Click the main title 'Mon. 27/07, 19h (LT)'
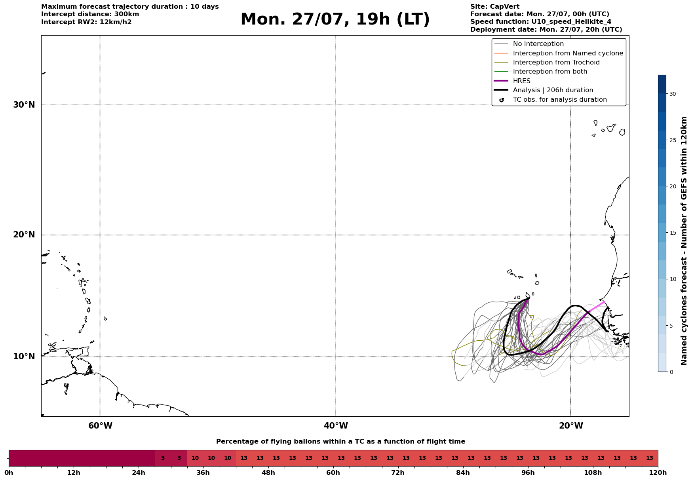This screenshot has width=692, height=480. click(335, 19)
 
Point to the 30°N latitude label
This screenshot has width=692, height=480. click(24, 105)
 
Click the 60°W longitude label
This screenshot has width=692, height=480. click(100, 426)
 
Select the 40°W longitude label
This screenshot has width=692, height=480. click(336, 426)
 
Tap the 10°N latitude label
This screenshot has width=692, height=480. click(24, 357)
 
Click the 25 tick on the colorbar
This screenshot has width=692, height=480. click(673, 140)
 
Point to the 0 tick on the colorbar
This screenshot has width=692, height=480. click(671, 372)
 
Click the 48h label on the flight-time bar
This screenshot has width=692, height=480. click(268, 472)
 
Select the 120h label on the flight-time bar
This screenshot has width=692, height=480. click(658, 472)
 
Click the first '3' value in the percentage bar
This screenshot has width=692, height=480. click(163, 458)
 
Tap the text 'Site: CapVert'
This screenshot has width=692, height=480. click(495, 7)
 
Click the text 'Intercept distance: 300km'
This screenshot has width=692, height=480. click(90, 14)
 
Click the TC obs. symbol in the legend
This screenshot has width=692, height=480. click(502, 100)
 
